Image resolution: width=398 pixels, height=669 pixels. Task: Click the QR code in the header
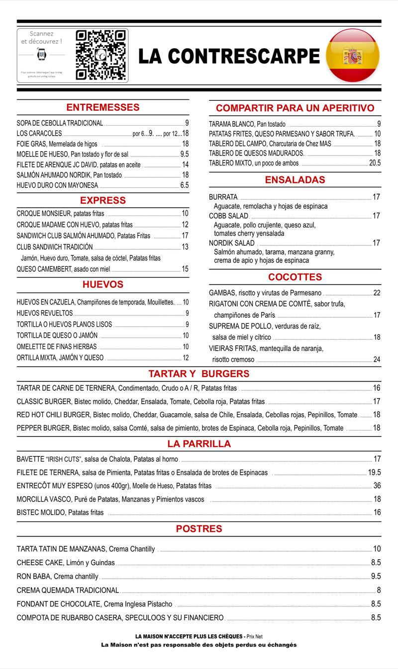coord(100,55)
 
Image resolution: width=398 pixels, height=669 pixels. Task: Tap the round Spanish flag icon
coord(353,56)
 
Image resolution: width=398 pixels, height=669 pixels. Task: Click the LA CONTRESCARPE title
coord(228,56)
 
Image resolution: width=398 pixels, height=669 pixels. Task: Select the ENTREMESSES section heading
coord(103,107)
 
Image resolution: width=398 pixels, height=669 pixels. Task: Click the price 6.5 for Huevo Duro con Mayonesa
coord(184,185)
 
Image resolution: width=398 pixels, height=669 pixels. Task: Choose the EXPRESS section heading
coord(103,200)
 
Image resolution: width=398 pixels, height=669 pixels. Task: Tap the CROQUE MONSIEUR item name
coord(44,214)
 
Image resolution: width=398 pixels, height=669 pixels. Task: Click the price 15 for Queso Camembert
coord(185,269)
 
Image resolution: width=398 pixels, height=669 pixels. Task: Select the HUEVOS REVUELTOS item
coord(45,313)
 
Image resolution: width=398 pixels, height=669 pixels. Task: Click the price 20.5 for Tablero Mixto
coord(375,163)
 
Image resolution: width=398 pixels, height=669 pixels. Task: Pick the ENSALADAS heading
coord(295,180)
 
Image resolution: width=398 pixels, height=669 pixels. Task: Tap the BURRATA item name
coord(223,197)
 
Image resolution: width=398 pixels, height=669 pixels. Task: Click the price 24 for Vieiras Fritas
coord(377,360)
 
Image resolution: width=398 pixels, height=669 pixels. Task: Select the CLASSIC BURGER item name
coord(44,401)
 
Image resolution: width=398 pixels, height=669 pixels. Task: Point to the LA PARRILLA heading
coord(199,444)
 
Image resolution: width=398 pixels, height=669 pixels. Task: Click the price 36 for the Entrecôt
coord(377,486)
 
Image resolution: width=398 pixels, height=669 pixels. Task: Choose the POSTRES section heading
coord(199,529)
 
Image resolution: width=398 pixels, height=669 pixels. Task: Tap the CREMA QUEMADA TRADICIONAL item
coord(68,591)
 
